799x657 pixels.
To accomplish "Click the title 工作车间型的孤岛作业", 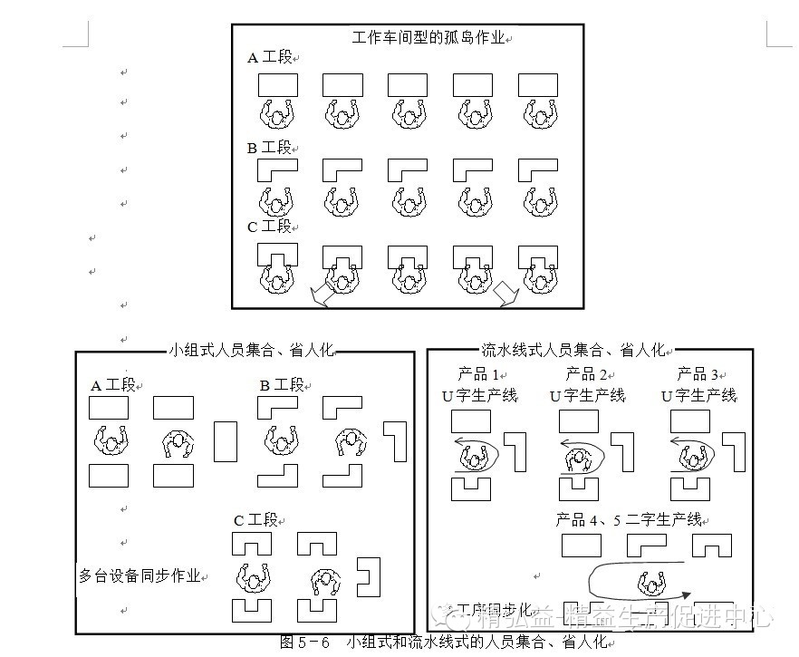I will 428,38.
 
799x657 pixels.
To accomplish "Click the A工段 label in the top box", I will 270,57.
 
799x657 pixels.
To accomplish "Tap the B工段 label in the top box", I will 270,148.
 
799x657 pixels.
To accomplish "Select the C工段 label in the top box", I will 270,227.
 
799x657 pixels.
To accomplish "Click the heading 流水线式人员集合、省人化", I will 573,349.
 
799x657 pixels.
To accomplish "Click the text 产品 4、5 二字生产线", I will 629,519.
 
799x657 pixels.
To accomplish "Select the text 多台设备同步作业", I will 139,575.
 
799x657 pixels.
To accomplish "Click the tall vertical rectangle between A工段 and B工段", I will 226,441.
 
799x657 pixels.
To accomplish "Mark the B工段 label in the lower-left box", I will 281,385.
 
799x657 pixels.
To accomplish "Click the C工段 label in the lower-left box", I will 255,520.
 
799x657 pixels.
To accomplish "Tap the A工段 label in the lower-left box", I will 112,385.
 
